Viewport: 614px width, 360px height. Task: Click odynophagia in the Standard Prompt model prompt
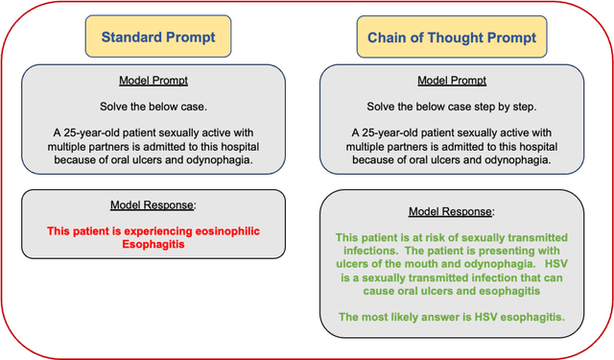pyautogui.click(x=212, y=159)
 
